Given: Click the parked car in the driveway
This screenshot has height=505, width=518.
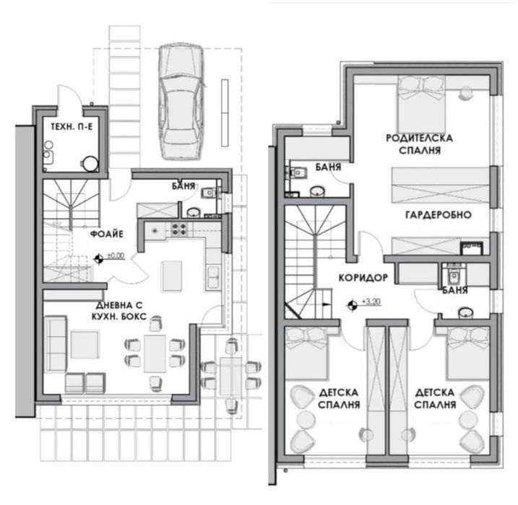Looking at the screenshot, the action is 181,102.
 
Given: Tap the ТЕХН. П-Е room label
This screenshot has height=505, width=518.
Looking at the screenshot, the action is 72,126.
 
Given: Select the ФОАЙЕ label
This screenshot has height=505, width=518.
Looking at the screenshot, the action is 107,234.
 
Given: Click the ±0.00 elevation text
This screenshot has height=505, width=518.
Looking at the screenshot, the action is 116,255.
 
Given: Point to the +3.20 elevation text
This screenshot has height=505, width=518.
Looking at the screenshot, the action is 371,302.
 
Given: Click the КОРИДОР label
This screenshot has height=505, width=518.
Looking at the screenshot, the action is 363,278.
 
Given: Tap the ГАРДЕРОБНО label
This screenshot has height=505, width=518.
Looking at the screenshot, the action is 438,215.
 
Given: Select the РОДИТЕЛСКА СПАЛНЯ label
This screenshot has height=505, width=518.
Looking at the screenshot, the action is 420,144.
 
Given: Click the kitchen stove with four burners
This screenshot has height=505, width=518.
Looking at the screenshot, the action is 179,229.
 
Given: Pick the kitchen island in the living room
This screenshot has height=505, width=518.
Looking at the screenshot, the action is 172,276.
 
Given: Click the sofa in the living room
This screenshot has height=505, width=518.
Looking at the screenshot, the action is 56,343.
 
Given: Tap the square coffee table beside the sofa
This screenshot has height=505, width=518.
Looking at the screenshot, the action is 85,344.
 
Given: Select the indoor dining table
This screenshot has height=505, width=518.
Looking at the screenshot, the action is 155,353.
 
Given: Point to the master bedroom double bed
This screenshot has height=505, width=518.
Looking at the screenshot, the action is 421,104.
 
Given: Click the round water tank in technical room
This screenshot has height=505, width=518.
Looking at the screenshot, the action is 90,164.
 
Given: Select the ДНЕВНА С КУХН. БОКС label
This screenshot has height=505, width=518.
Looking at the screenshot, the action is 119,310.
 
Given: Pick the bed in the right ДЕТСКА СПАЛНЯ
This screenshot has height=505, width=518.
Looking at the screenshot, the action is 467,353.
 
